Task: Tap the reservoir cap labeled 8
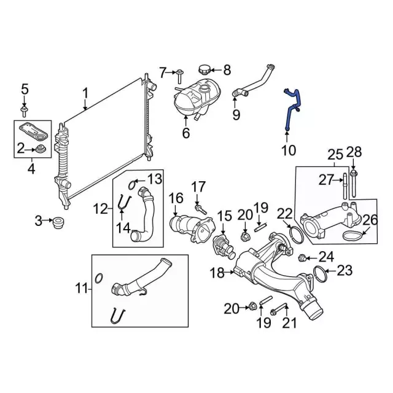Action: tap(203, 69)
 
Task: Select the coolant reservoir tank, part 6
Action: tap(197, 98)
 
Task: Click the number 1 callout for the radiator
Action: tap(85, 93)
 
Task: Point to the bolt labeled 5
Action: tap(24, 111)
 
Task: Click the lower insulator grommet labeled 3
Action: tap(58, 223)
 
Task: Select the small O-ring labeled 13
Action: tap(132, 185)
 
